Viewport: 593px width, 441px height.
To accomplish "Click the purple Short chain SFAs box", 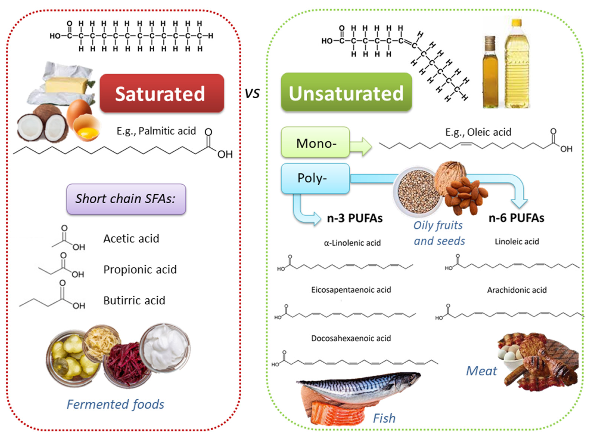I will click(126, 199).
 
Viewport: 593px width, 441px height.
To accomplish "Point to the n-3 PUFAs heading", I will click(355, 218).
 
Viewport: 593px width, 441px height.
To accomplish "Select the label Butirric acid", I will click(134, 301).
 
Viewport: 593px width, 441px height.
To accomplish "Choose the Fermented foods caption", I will click(115, 404).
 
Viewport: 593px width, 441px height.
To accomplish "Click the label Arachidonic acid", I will click(517, 290).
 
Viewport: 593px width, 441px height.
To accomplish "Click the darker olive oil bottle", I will click(490, 72).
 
